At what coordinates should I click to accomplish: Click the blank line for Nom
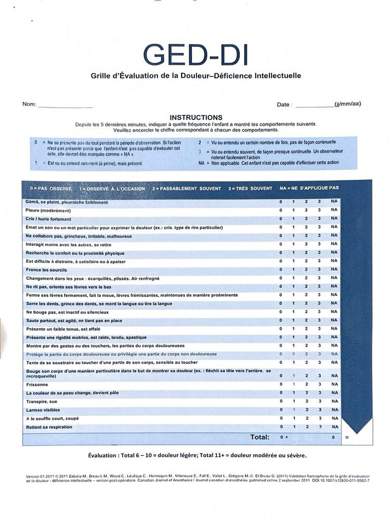coord(65,106)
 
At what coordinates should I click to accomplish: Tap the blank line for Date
coord(314,106)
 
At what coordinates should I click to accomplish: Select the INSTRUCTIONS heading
coord(196,117)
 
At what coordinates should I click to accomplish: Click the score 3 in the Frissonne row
coord(319,384)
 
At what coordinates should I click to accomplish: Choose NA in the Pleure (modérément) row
coord(334,210)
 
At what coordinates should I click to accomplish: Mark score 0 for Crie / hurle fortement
coord(281,219)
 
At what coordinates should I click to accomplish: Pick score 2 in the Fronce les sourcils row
coord(306,270)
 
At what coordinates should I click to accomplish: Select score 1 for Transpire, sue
coord(293,401)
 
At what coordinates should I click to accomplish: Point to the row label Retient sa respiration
coord(49,427)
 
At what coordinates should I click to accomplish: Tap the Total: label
coord(260,437)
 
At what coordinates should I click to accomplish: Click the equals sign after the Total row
coord(347,437)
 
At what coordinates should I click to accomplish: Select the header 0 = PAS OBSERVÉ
coord(50,188)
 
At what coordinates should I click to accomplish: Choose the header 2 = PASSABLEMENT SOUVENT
coord(186,188)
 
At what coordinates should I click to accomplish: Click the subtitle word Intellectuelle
coord(274,75)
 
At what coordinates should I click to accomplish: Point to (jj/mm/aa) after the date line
coord(348,104)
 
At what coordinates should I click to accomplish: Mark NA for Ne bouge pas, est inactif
coord(334,312)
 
